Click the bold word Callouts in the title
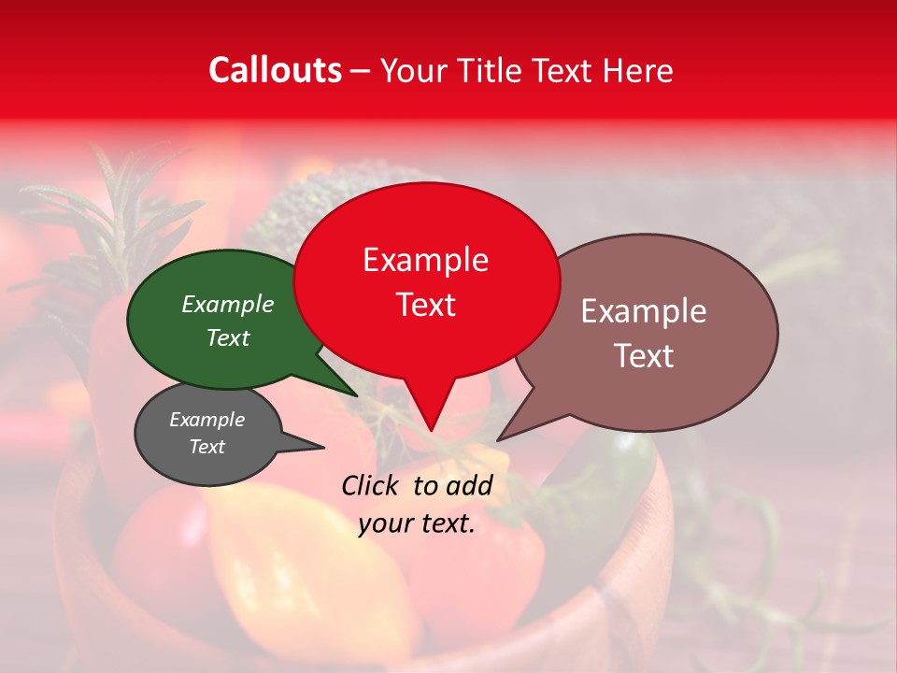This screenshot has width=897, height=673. (x=275, y=70)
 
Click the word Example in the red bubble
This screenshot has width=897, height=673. (x=425, y=260)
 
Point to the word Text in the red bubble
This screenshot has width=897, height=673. (x=425, y=305)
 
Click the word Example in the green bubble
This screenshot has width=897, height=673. (x=228, y=304)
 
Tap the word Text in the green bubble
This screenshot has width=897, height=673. (x=228, y=337)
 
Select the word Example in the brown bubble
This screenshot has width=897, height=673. (x=644, y=311)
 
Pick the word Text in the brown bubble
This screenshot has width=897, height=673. (x=644, y=356)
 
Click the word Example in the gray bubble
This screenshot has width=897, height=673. (x=206, y=420)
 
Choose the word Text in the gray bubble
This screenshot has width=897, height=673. (x=206, y=447)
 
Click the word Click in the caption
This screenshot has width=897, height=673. (x=371, y=485)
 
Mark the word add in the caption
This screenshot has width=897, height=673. (x=470, y=485)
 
